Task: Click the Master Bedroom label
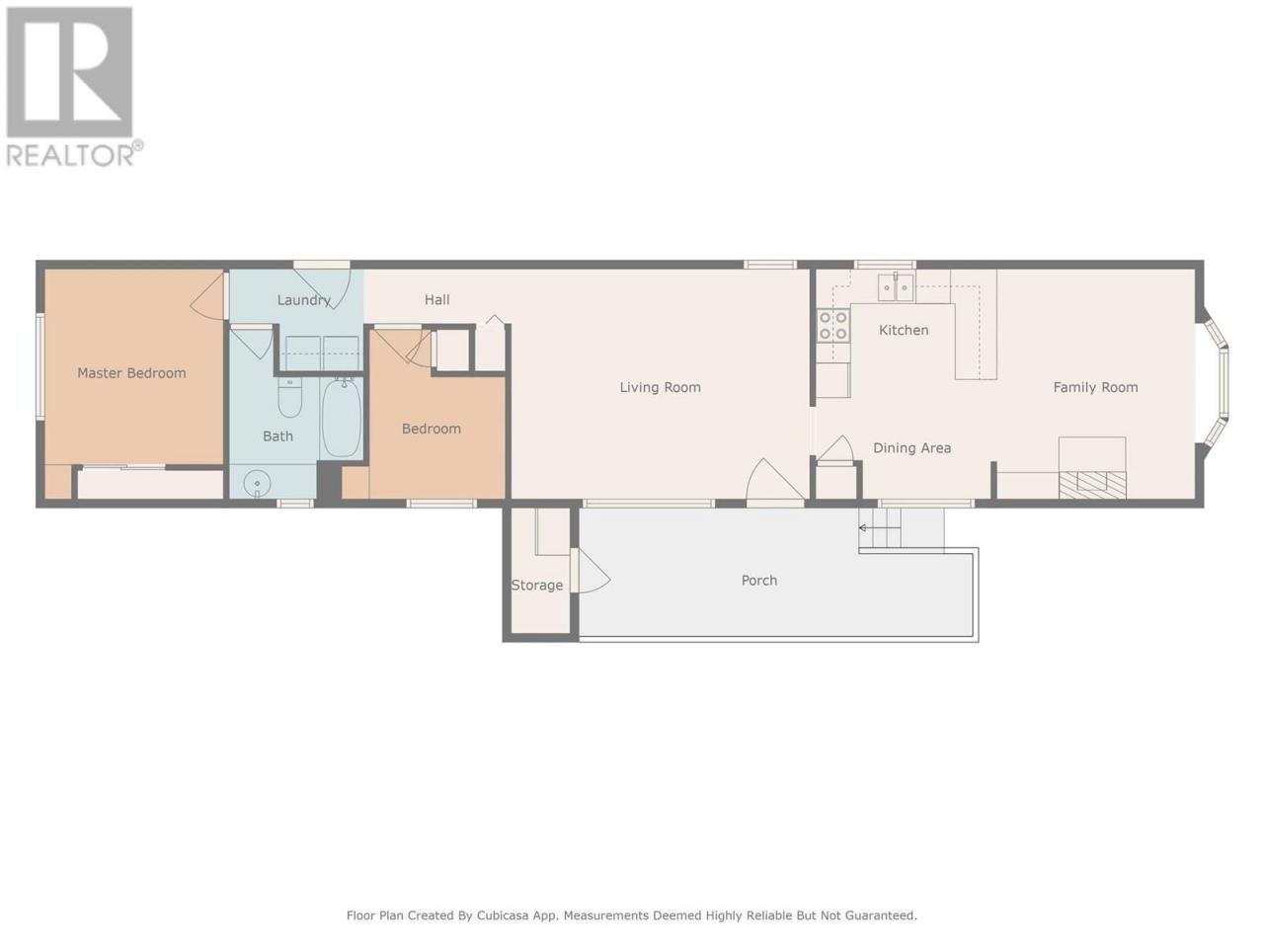(x=131, y=373)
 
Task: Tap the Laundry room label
(x=303, y=300)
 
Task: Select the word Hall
(x=437, y=299)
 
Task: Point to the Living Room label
(x=660, y=387)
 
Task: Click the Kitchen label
(x=904, y=330)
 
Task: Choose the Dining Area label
(x=912, y=447)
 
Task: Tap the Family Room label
(x=1095, y=387)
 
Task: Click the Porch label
(x=759, y=581)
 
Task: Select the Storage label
(x=537, y=586)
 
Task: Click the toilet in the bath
(x=289, y=397)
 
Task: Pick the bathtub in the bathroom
(x=342, y=418)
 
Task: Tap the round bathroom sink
(x=257, y=483)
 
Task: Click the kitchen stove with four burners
(x=833, y=326)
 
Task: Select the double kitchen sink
(x=896, y=287)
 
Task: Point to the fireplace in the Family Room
(x=1092, y=484)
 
